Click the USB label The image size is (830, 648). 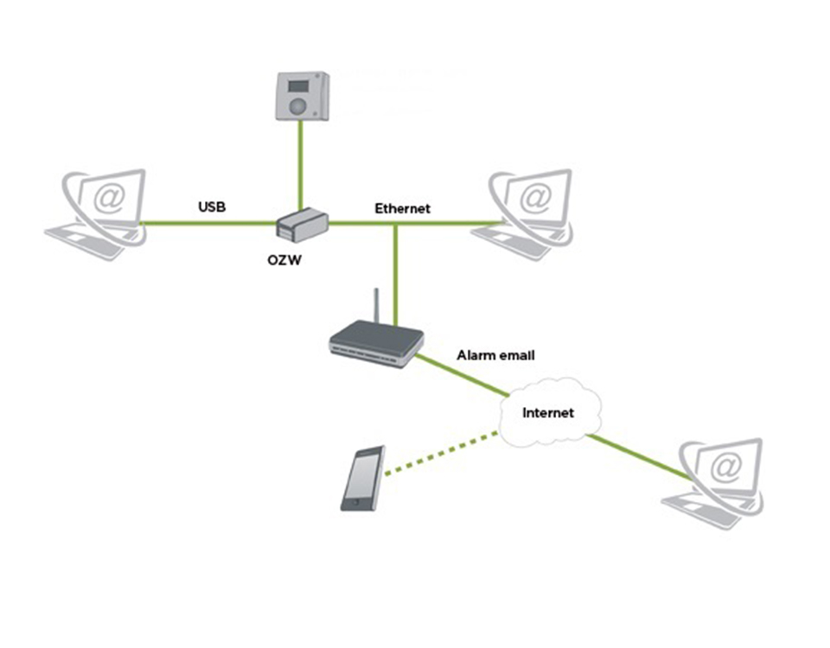212,207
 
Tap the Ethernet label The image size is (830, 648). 402,208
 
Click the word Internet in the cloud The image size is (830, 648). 548,412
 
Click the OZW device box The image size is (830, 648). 301,224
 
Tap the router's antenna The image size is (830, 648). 376,307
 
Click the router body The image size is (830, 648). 376,343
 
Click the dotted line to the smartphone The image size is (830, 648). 441,453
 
